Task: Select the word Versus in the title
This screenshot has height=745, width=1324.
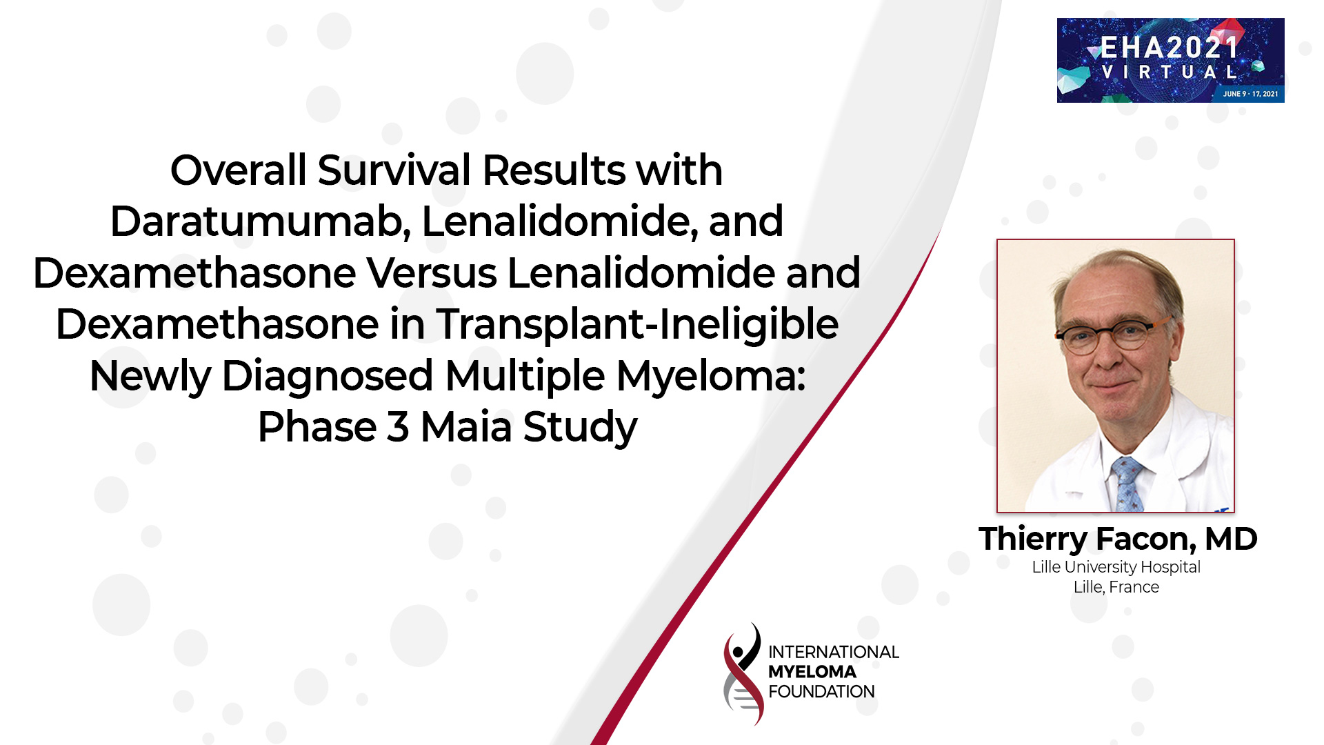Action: point(431,273)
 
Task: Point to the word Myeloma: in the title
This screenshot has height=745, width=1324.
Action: point(710,376)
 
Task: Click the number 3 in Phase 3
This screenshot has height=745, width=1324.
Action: point(398,427)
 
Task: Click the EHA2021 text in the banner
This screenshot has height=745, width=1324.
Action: point(1170,48)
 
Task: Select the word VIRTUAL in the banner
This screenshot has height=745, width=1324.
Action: point(1170,72)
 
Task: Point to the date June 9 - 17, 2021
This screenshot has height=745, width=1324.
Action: point(1250,94)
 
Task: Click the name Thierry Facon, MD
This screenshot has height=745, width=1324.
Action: point(1117,539)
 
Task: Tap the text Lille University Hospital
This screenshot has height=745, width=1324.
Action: point(1116,567)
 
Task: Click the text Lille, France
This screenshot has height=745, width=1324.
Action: point(1116,587)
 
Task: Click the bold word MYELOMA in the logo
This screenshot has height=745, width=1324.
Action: point(812,672)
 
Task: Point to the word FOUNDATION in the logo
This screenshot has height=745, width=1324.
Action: point(821,692)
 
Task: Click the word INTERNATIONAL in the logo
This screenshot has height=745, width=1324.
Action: point(833,652)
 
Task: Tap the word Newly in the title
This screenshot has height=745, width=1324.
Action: point(150,376)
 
